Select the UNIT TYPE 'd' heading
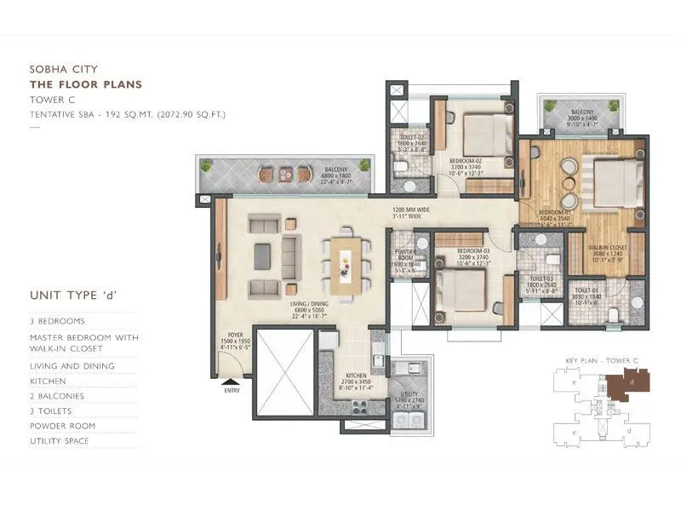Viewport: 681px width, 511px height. pyautogui.click(x=73, y=296)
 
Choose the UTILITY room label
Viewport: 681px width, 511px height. pyautogui.click(x=397, y=395)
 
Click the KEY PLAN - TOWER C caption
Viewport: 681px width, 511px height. pyautogui.click(x=599, y=362)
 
